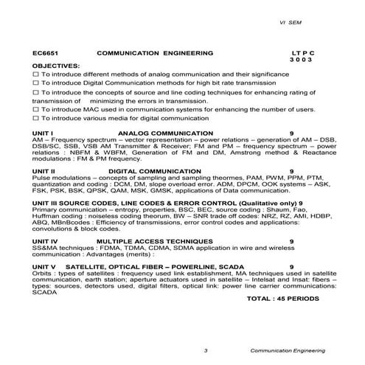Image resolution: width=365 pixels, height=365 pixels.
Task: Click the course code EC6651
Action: pyautogui.click(x=46, y=54)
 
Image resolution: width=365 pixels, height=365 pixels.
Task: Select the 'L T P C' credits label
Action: pyautogui.click(x=302, y=54)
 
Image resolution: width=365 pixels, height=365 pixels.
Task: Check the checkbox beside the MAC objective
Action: pyautogui.click(x=36, y=109)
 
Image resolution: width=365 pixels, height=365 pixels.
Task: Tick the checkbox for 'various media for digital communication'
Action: pyautogui.click(x=36, y=118)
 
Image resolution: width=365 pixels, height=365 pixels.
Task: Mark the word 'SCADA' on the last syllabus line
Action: pyautogui.click(x=45, y=292)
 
